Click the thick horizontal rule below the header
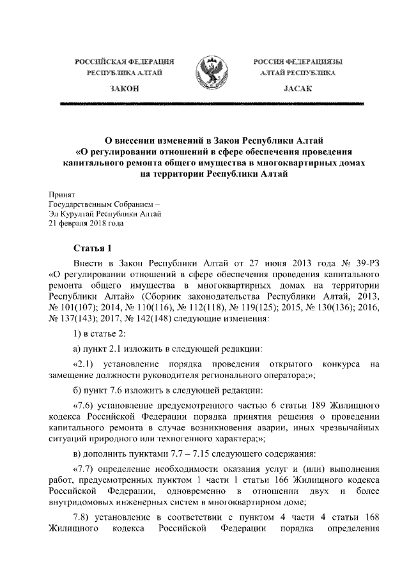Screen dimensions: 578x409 (x=204, y=103)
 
